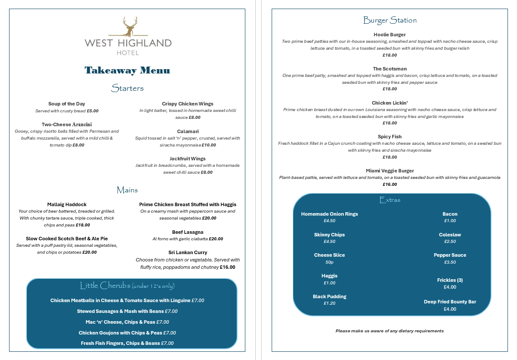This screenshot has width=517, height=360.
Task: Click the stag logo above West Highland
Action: click(x=128, y=27)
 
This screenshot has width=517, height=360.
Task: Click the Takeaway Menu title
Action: click(x=127, y=70)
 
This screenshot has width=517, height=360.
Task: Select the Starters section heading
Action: click(x=127, y=89)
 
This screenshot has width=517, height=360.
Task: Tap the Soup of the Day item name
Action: click(x=67, y=104)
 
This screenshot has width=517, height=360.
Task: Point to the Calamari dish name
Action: click(x=187, y=131)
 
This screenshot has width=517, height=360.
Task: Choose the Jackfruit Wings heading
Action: click(x=187, y=159)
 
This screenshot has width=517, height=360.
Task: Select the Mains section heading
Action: click(x=127, y=190)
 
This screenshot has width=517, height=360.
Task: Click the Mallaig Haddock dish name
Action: click(x=67, y=204)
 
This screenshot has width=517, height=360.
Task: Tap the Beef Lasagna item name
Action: click(x=187, y=232)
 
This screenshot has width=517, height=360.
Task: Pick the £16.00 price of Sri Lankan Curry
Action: click(x=228, y=267)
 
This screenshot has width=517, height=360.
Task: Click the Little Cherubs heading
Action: click(x=127, y=286)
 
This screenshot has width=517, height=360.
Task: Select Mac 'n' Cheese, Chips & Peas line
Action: click(x=127, y=322)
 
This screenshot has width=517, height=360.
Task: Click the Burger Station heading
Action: click(x=390, y=20)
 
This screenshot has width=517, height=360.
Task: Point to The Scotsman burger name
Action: click(x=390, y=69)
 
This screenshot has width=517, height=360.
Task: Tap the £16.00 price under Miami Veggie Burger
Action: click(x=390, y=185)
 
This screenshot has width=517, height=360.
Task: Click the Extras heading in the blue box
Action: click(x=390, y=200)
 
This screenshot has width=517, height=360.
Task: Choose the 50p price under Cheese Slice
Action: click(x=329, y=262)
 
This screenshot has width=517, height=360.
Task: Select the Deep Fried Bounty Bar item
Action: click(x=450, y=302)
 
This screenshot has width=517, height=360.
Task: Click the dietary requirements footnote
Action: click(x=390, y=331)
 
